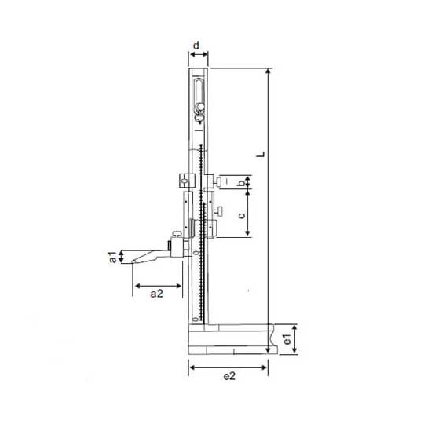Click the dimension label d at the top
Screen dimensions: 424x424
click(196, 46)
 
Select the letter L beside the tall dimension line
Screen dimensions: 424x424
click(261, 155)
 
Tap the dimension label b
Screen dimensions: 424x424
click(242, 183)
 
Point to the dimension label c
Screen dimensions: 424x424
click(242, 215)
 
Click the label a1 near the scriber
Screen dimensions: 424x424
click(113, 258)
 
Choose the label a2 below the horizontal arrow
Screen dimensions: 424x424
click(157, 294)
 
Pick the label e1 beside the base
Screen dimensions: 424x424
click(287, 339)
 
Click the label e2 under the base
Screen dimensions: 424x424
click(229, 376)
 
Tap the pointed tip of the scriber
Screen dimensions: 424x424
click(132, 261)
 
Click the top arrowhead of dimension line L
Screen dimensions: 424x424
click(268, 71)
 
